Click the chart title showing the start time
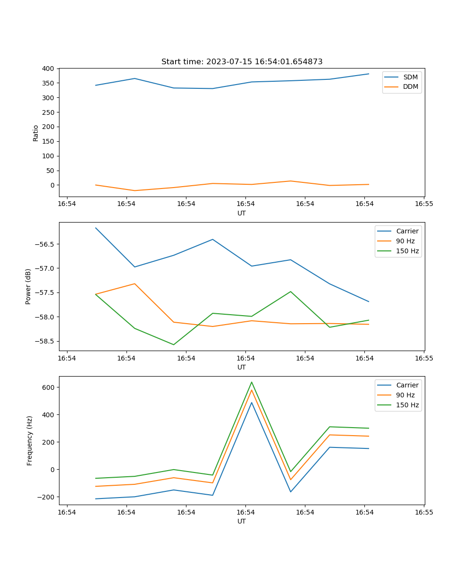coord(242,62)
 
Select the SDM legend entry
coord(410,77)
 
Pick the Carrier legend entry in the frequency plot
coord(407,385)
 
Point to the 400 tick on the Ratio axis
coord(47,69)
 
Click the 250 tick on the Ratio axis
coord(47,112)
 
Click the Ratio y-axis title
coord(36,132)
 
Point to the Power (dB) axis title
coord(28,286)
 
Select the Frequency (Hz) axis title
coord(29,440)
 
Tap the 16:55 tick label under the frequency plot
coord(424,512)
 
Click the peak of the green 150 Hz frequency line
coord(252,382)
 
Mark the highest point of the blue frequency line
coord(252,403)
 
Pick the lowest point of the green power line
coord(174,344)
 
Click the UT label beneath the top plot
coord(242,213)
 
